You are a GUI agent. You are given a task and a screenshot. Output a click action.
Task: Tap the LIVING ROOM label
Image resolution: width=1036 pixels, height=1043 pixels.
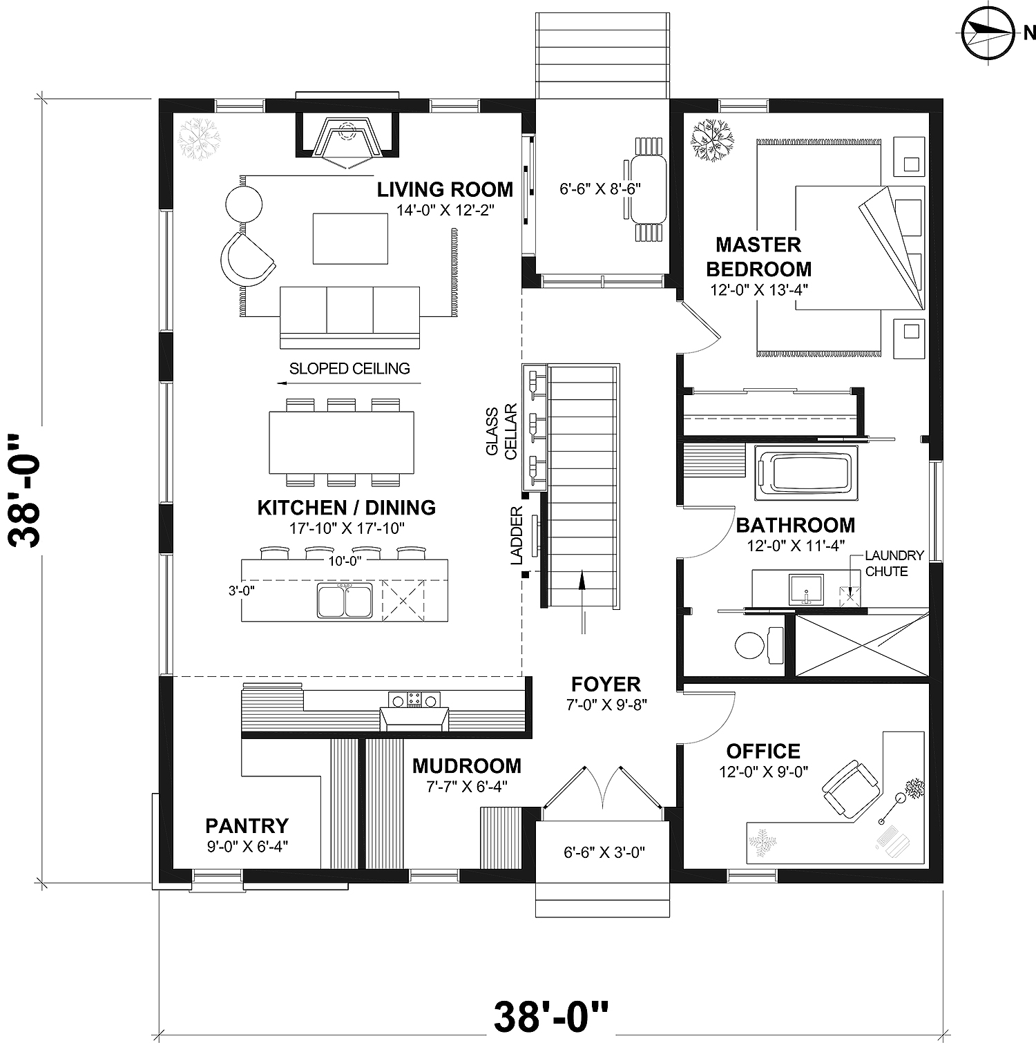[445, 189]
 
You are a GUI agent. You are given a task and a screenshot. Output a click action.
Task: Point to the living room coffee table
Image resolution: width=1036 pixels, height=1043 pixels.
[350, 238]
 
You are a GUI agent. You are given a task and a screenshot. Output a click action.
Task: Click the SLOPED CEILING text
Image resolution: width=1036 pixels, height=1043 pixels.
[349, 369]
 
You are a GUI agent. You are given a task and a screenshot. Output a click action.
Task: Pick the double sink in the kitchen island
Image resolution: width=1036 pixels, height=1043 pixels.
[345, 600]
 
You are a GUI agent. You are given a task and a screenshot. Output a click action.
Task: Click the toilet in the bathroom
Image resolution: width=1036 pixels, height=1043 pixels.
[756, 646]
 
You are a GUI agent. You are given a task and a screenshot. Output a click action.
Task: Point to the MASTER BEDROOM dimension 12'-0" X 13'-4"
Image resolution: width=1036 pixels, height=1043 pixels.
[759, 289]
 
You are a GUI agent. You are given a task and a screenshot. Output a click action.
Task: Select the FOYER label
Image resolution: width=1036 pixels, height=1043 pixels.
[606, 685]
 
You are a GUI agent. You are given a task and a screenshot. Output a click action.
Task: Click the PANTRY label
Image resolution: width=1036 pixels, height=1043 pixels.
[247, 825]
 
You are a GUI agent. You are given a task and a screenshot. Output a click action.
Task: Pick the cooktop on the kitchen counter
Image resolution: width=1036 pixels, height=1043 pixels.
[414, 700]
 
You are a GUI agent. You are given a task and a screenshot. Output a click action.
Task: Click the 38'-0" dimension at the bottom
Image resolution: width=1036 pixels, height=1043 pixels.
[551, 1016]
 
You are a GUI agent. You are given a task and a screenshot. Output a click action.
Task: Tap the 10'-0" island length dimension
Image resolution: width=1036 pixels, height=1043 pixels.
[345, 561]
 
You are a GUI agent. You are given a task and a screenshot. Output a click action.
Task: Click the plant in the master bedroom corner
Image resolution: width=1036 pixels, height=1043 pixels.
[712, 140]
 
